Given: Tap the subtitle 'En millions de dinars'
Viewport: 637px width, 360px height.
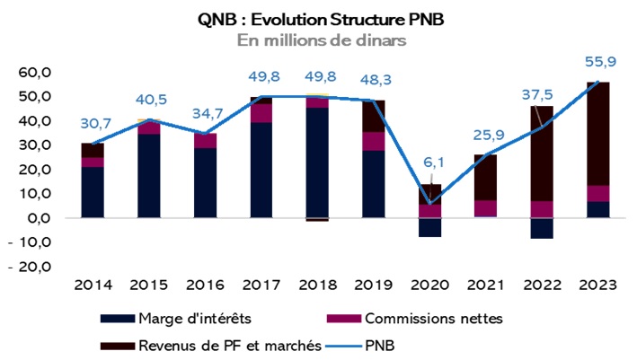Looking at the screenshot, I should [x=319, y=40].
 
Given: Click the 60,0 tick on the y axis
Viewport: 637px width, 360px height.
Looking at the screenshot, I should [x=33, y=72].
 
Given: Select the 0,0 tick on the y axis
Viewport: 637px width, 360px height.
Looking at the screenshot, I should [x=37, y=218].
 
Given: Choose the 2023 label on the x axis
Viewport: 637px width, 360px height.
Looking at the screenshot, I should [x=596, y=285].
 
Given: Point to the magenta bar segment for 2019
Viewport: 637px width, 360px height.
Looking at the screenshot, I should [x=373, y=141].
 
